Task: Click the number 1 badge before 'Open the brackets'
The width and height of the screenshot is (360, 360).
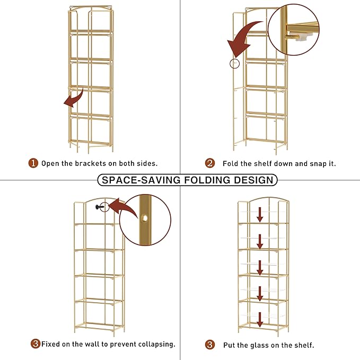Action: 33,163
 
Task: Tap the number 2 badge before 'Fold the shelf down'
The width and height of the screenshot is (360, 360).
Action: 210,163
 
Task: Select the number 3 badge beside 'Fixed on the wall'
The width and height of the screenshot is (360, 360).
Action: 35,344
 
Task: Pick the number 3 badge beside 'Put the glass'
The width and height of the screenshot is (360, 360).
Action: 210,345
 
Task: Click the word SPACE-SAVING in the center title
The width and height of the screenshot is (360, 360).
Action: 140,180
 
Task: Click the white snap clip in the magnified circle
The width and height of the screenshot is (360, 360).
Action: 301,36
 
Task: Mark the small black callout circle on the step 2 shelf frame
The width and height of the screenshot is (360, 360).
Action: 234,64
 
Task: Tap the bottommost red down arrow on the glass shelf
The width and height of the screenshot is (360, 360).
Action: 260,319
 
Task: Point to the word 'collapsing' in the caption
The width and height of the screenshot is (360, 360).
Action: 154,344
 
